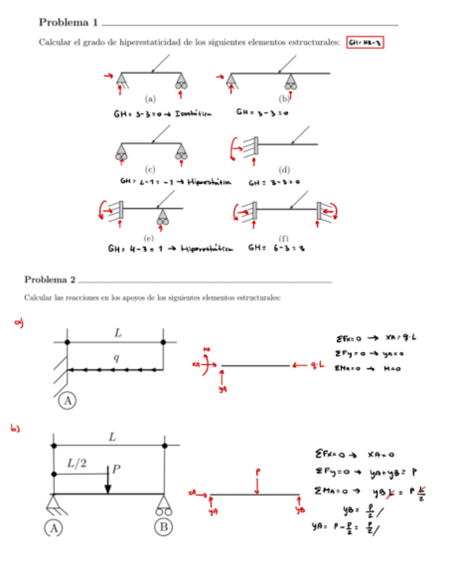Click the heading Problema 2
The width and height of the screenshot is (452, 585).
click(x=50, y=279)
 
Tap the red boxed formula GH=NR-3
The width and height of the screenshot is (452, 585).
click(x=364, y=43)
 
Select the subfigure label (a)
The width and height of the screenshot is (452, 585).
click(x=150, y=98)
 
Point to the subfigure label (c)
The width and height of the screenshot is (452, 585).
click(x=150, y=168)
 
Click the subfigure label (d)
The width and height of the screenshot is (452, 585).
click(x=285, y=169)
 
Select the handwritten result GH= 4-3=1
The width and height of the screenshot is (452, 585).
click(x=134, y=249)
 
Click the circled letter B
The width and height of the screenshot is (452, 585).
click(x=163, y=528)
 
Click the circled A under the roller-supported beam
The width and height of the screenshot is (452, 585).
click(x=54, y=528)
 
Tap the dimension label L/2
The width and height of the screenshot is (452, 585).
click(x=76, y=464)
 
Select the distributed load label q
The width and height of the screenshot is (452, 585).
click(x=116, y=358)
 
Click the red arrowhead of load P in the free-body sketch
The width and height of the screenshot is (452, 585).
click(x=257, y=492)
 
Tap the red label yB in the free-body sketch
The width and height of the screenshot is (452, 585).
click(x=300, y=510)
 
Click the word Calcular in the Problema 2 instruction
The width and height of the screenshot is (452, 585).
click(x=36, y=298)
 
